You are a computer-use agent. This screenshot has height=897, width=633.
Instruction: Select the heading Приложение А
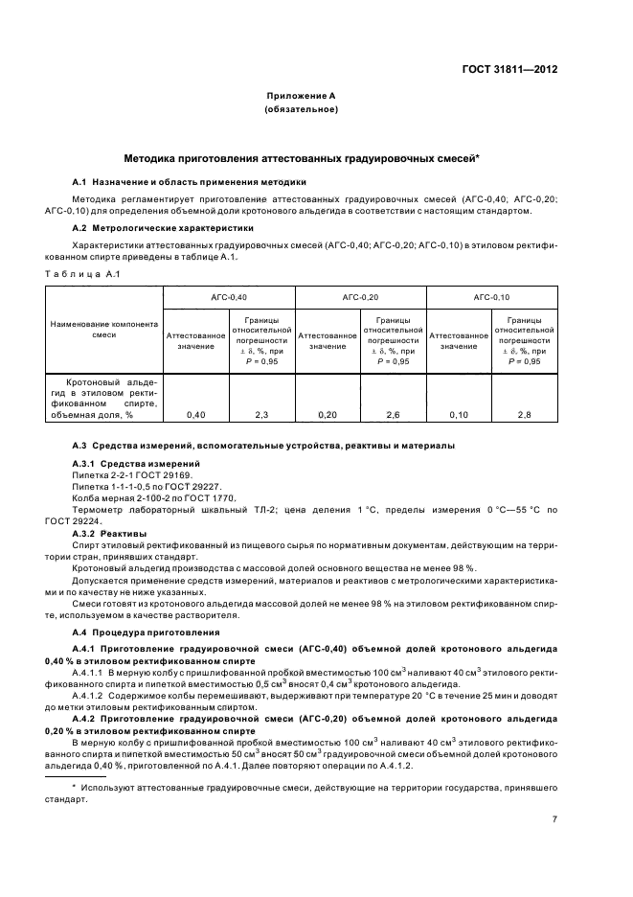click(300, 97)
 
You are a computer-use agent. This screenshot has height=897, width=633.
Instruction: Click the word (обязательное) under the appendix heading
click(300, 111)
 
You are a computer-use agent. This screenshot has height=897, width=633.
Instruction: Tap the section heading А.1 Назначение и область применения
click(190, 181)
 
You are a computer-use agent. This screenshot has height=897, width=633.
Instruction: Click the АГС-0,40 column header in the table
click(229, 298)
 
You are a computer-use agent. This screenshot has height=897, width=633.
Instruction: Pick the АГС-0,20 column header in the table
click(360, 298)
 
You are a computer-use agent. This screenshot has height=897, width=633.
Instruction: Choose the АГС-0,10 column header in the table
click(491, 298)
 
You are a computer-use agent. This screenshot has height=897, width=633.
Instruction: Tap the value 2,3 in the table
click(261, 414)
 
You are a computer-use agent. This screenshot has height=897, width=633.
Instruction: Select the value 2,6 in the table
click(393, 414)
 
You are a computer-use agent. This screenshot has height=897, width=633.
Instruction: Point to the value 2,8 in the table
click(524, 414)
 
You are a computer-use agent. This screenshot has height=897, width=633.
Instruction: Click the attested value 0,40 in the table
click(195, 414)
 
